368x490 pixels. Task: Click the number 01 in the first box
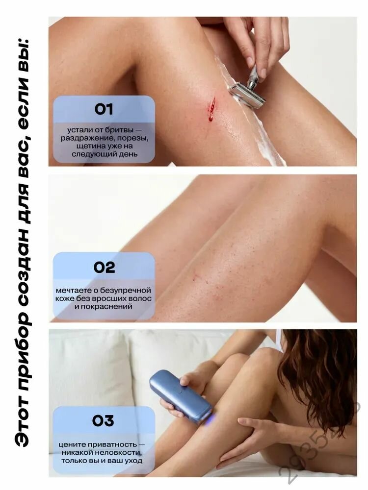pos(104,109)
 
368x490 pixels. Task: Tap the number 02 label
pos(104,268)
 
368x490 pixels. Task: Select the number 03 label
pos(103,420)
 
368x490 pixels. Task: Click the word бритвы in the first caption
pos(122,130)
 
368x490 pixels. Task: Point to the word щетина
pos(88,146)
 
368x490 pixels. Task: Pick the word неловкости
pos(121,453)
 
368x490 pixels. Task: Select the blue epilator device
pos(181,396)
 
